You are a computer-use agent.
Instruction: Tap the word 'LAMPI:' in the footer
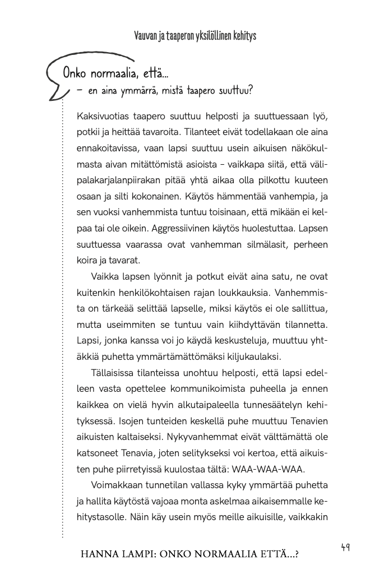(137, 554)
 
